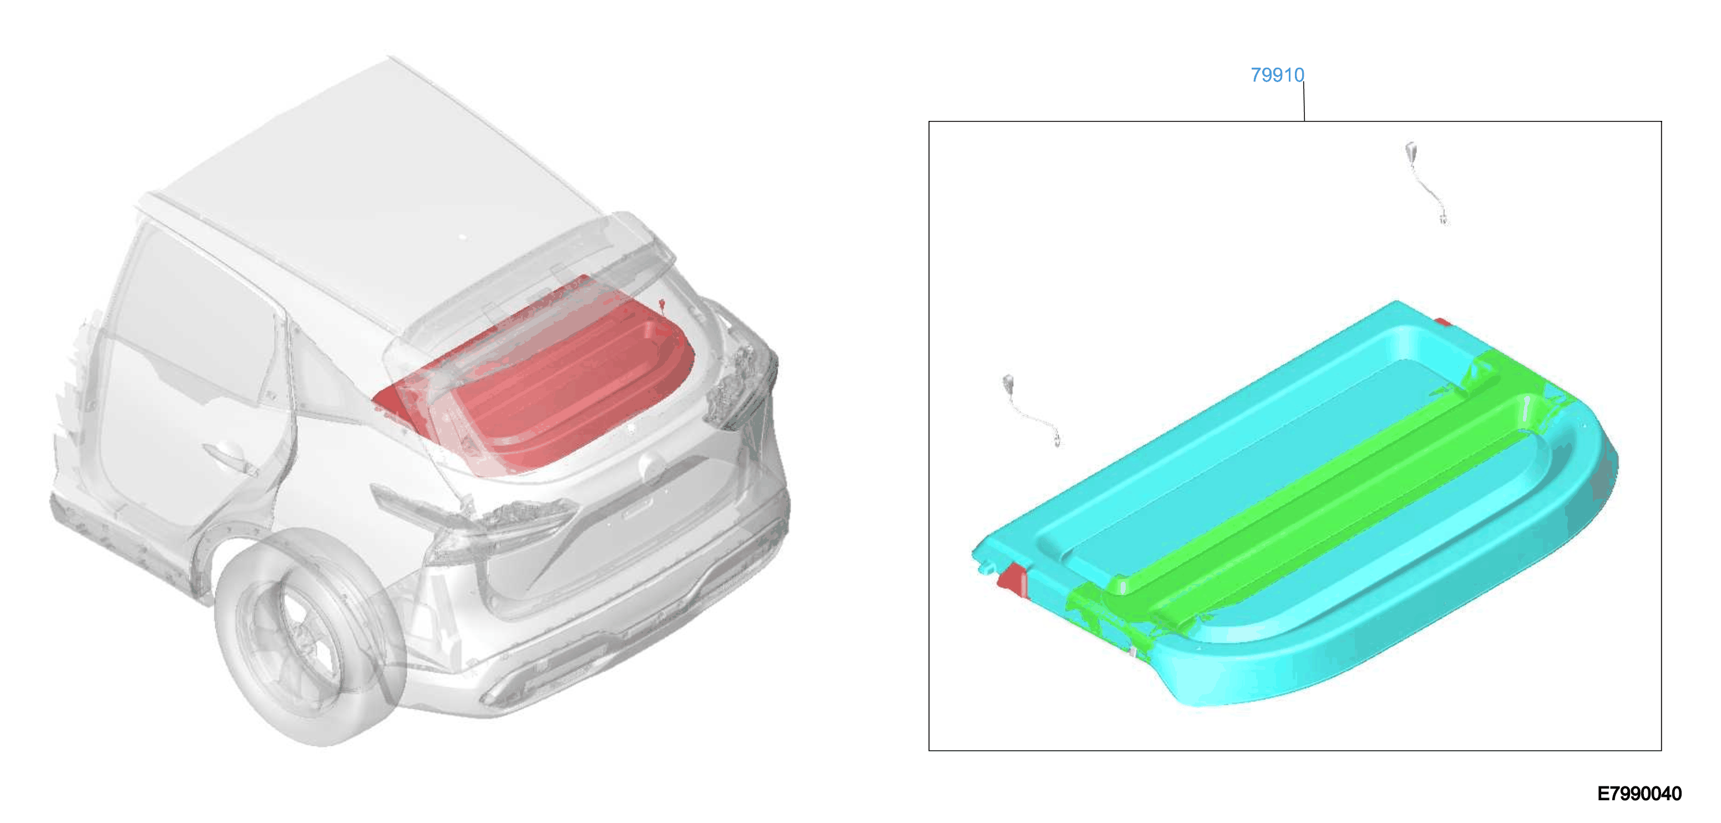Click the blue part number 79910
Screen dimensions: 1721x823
coord(1277,75)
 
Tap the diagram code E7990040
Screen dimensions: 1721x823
coord(1639,794)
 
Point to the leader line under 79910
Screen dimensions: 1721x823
coord(1304,101)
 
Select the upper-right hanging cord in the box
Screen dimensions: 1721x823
coord(1426,182)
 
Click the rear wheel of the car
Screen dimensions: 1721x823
coord(311,634)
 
